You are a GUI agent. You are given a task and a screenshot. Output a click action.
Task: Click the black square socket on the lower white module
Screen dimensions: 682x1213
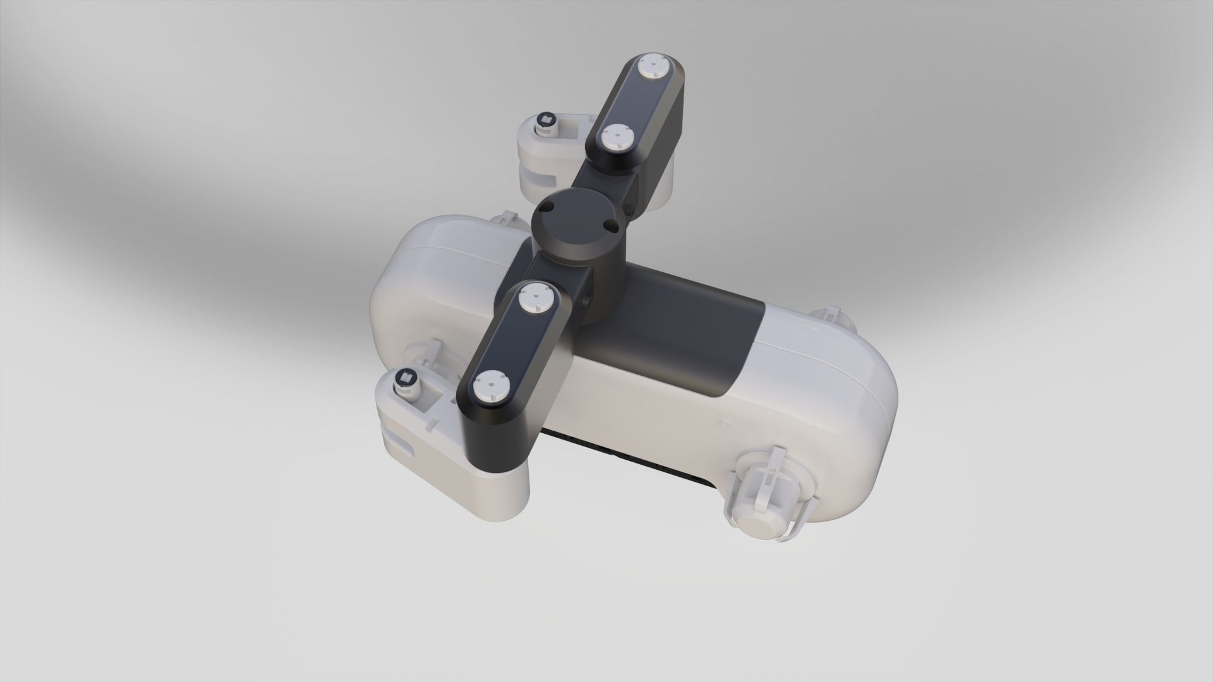(405, 380)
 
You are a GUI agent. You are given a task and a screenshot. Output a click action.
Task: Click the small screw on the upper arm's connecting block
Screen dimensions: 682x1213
(631, 208)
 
